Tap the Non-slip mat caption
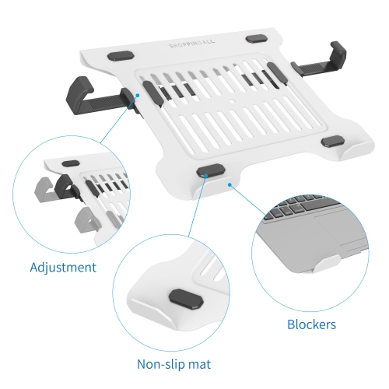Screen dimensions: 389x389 tap(174, 363)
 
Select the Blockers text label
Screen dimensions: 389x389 tap(310, 324)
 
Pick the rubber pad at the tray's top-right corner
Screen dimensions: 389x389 tap(257, 38)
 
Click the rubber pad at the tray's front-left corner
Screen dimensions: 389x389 tap(208, 170)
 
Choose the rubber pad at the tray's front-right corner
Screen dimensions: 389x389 tap(334, 141)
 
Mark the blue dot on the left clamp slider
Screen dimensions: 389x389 tap(136, 96)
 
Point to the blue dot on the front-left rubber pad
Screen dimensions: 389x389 tap(204, 176)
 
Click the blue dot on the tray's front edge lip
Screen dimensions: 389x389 tap(230, 185)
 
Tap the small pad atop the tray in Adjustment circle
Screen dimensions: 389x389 tap(71, 164)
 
